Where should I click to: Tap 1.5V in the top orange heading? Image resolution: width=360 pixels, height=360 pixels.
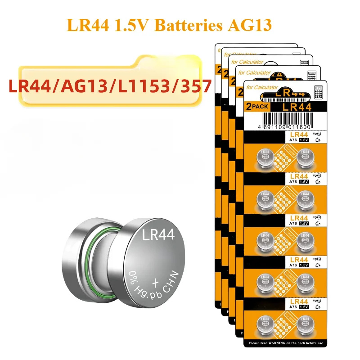[133, 24]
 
